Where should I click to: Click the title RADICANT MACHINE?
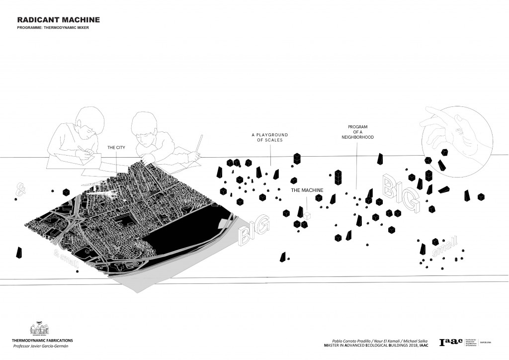pos(59,20)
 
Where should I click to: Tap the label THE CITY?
pos(117,148)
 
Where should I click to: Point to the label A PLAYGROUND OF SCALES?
pos(270,138)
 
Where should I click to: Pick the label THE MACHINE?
pos(307,190)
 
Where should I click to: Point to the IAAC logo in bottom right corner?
pos(450,343)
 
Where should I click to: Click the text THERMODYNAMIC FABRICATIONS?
pos(42,340)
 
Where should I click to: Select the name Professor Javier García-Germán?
pos(41,346)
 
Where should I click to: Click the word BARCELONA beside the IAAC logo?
pos(486,343)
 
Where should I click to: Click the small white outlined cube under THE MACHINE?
pos(308,215)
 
